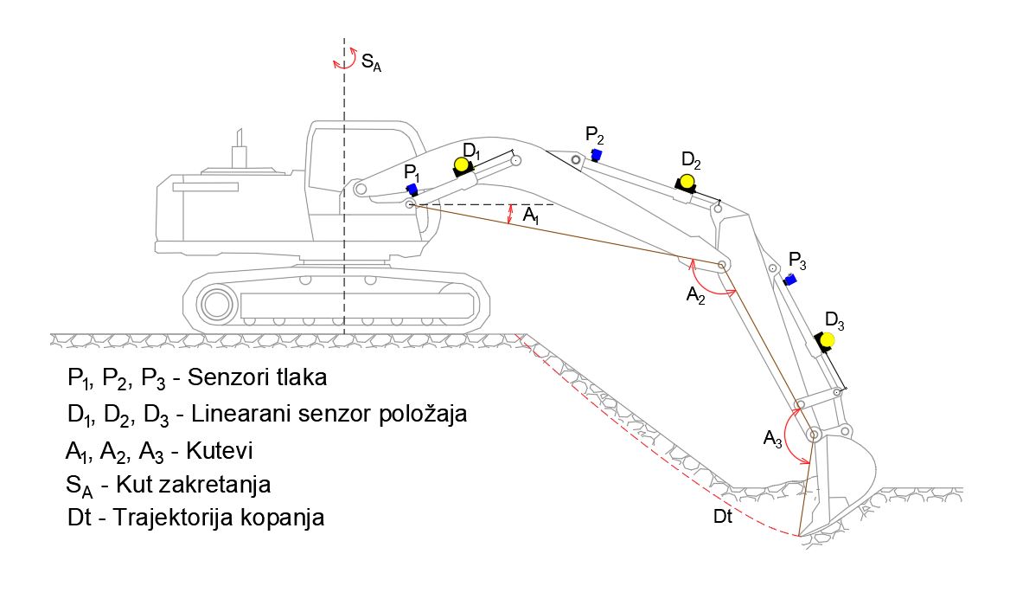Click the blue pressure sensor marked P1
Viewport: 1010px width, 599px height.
[x=412, y=189]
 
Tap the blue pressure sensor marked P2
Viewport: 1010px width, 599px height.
[x=596, y=154]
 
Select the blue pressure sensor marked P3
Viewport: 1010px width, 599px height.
[x=789, y=279]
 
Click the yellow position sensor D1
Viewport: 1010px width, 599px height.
[x=462, y=164]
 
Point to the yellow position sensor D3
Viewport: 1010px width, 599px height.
[x=828, y=339]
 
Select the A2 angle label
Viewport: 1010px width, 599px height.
[x=696, y=296]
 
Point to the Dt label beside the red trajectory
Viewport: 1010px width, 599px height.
[x=723, y=517]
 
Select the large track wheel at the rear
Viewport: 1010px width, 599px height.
[x=214, y=304]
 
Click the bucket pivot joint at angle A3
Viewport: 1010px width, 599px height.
[x=814, y=433]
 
